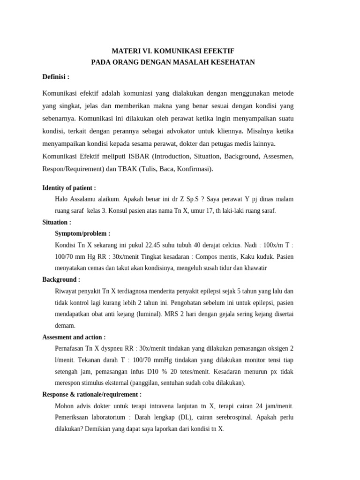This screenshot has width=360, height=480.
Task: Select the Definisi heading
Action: point(56,76)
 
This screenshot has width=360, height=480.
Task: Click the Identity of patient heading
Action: point(69,188)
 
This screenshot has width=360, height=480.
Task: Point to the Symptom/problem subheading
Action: point(82,233)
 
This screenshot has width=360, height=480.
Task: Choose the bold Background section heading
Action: point(61,279)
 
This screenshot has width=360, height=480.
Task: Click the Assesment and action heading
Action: point(74,337)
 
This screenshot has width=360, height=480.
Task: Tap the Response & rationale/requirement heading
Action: point(92,394)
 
